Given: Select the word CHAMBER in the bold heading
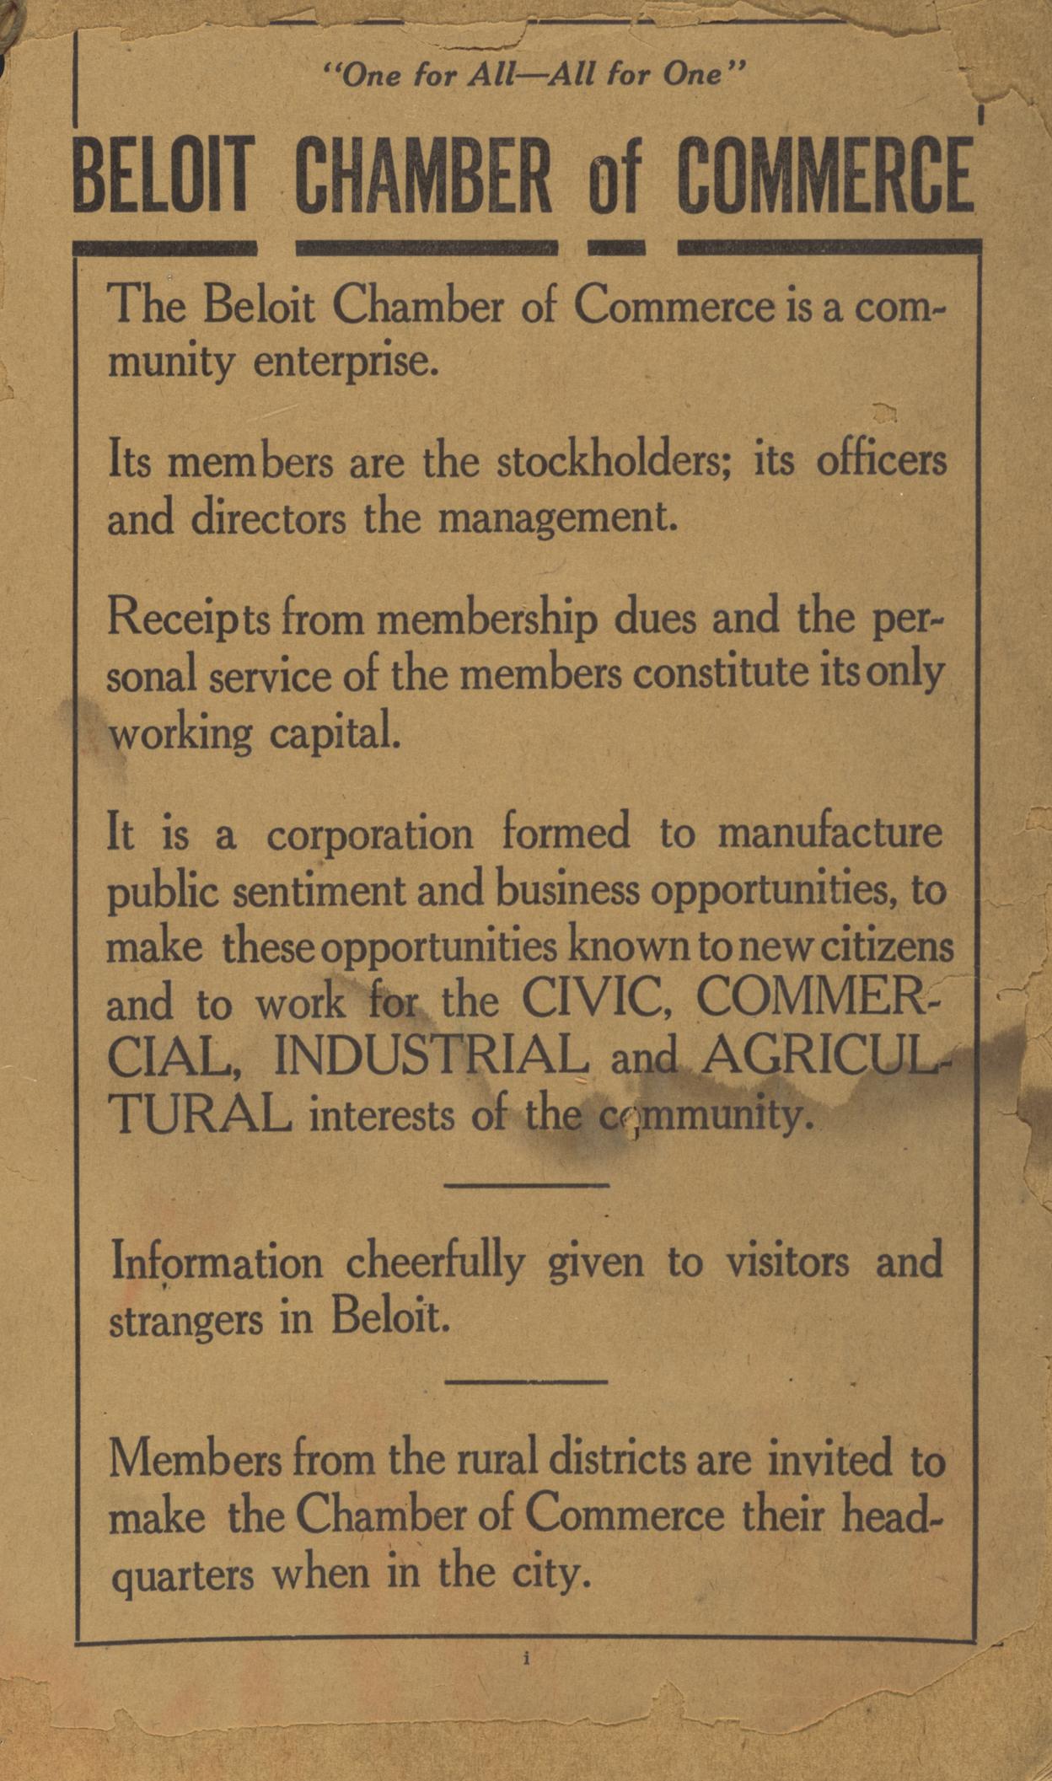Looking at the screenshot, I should tap(424, 176).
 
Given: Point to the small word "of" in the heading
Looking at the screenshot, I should tap(615, 180).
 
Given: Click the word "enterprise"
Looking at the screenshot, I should tap(346, 362).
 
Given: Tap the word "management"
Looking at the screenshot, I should tap(558, 518).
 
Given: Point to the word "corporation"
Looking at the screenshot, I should tap(370, 834).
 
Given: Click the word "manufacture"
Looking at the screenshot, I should tap(830, 833).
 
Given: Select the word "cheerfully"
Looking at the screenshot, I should tap(435, 1263).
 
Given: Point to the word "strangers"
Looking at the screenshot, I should tap(186, 1321).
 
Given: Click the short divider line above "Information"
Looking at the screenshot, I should tap(526, 1186).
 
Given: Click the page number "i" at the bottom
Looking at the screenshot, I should tap(526, 1660).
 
